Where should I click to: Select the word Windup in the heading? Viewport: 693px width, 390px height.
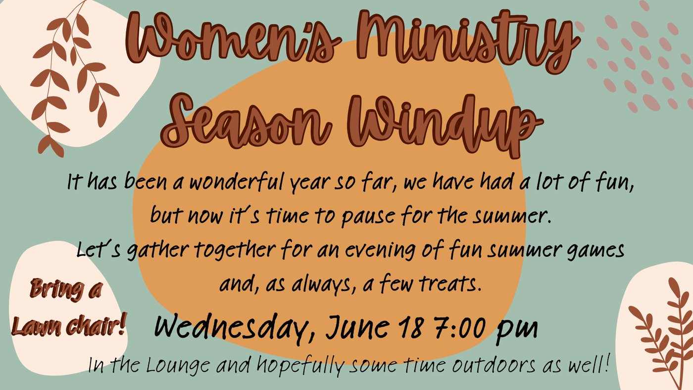coord(445,125)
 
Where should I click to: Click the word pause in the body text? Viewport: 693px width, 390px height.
coord(368,216)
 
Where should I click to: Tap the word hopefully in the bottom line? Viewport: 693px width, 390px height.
coord(300,367)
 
